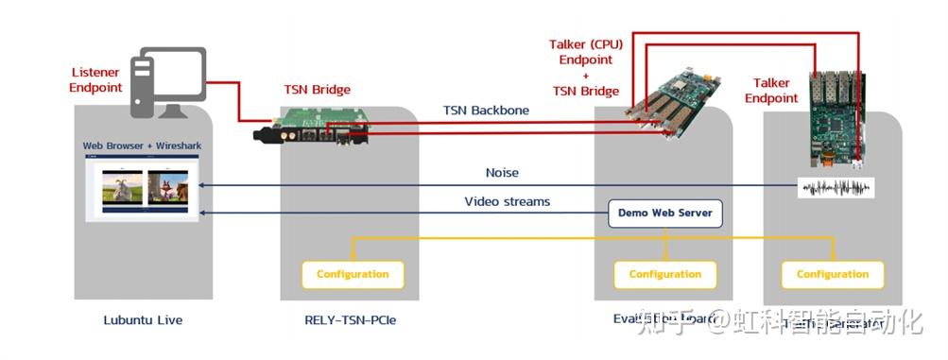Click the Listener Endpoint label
click(97, 79)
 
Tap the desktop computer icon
click(171, 82)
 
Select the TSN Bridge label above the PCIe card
click(318, 90)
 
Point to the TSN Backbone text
click(486, 111)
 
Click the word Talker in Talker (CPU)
click(566, 44)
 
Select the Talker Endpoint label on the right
click(771, 91)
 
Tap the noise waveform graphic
click(836, 187)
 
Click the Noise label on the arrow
click(502, 173)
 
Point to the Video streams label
click(507, 201)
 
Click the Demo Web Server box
click(665, 213)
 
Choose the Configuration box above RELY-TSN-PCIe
click(353, 274)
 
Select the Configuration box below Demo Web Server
click(665, 274)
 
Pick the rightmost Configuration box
click(833, 274)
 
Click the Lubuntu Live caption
click(143, 320)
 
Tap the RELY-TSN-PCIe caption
click(351, 320)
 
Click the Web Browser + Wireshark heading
click(142, 146)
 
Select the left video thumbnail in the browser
click(121, 187)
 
